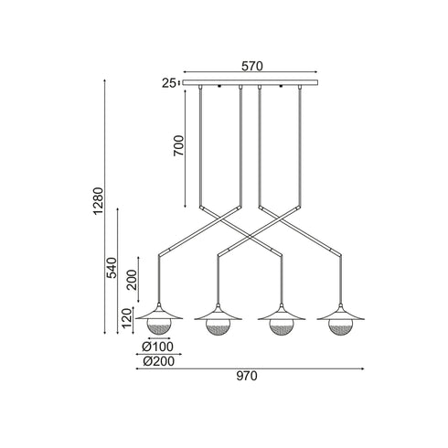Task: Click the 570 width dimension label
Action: [252, 66]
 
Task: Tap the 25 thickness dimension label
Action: [168, 83]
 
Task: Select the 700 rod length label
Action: [179, 145]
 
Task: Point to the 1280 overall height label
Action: [99, 201]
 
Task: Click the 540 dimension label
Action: [112, 268]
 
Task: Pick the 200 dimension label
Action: [133, 280]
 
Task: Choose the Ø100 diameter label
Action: [158, 347]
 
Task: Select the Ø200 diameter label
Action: [159, 361]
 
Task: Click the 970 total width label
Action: [247, 376]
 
